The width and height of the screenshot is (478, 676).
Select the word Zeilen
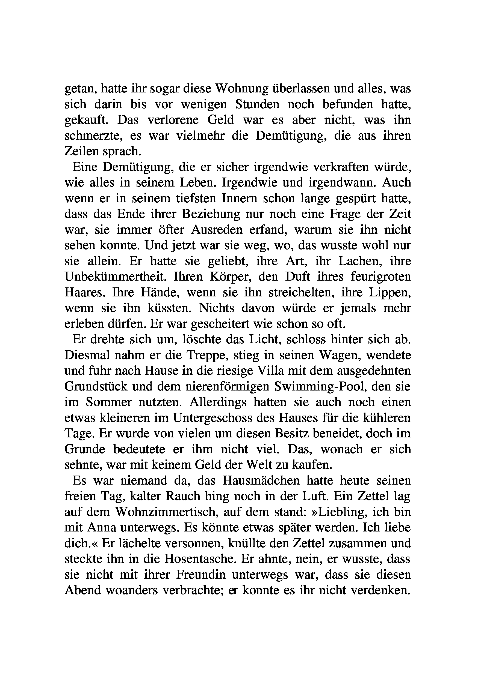(81, 151)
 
